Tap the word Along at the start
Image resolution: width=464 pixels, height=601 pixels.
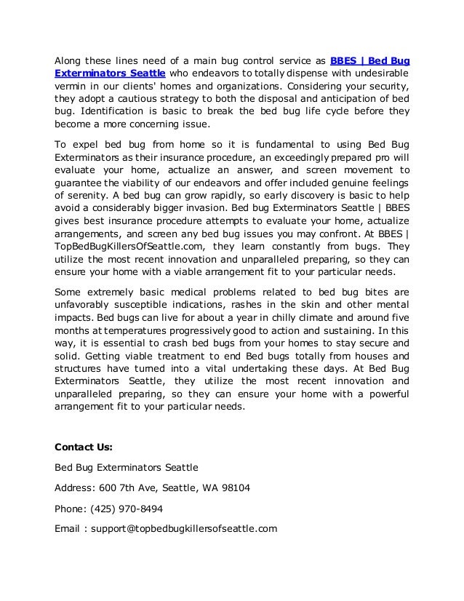click(70, 60)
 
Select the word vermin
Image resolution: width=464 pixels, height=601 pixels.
click(71, 87)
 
